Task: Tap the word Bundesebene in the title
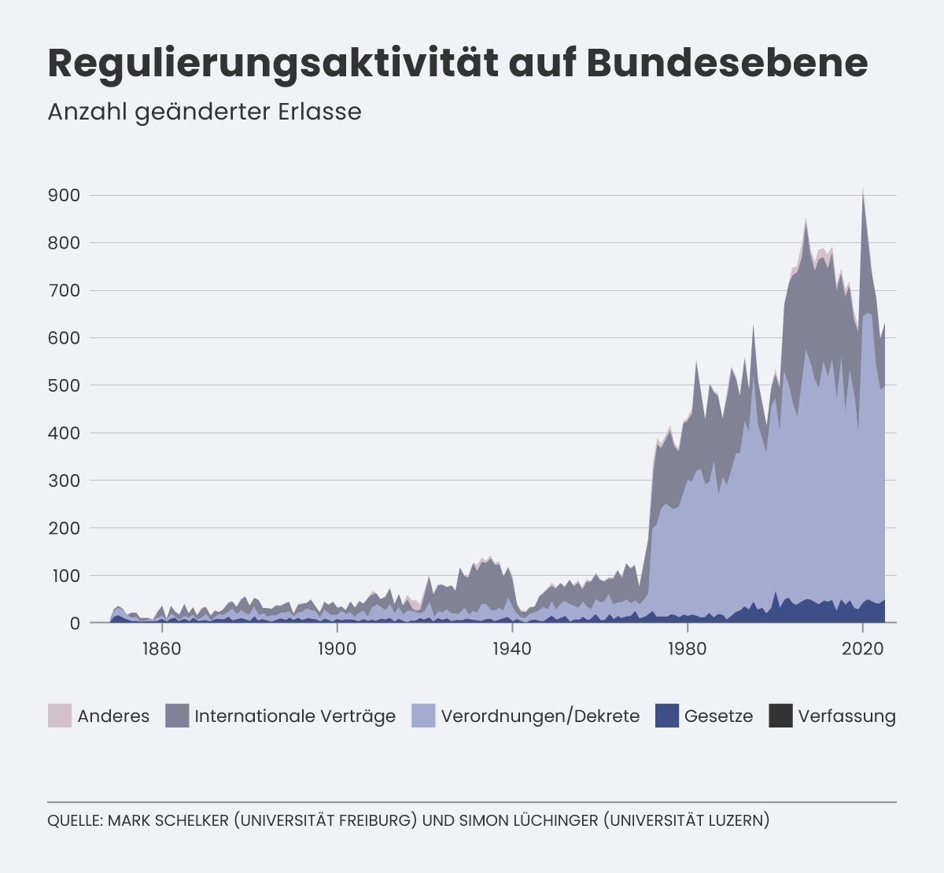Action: [727, 63]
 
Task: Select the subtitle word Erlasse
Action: [320, 112]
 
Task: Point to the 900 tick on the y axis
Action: [64, 195]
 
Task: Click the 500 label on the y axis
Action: [64, 385]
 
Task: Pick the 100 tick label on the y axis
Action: [64, 576]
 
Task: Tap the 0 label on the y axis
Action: [75, 623]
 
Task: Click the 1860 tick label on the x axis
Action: [162, 649]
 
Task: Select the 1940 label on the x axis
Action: [512, 649]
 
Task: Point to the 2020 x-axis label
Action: [863, 649]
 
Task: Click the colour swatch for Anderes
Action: [60, 716]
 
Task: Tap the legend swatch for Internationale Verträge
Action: [177, 716]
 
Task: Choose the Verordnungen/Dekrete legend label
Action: [540, 716]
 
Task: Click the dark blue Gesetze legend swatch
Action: [667, 716]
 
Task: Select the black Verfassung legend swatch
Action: [780, 716]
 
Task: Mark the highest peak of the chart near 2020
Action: [863, 186]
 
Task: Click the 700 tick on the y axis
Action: [64, 290]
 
